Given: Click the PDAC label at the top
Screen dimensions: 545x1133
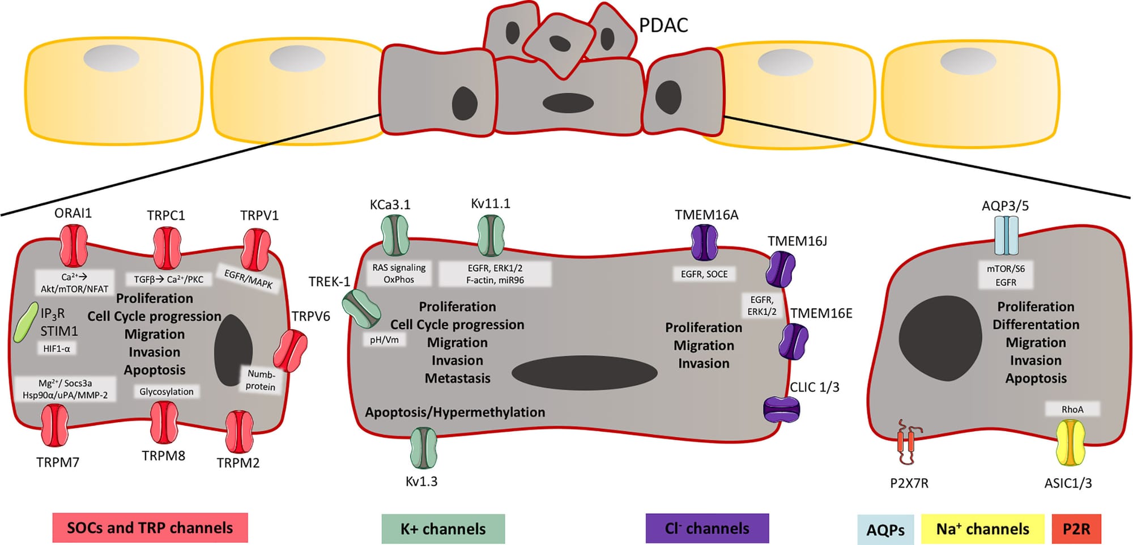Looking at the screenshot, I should (x=663, y=25).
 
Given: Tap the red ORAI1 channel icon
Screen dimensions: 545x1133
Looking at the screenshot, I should (x=74, y=245).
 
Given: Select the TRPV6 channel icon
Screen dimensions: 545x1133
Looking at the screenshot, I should (x=291, y=351).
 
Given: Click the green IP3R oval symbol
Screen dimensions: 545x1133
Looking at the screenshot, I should (x=25, y=322).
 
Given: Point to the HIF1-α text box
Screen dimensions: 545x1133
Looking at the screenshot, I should (x=57, y=348).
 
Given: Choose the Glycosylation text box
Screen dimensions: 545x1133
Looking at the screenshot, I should (x=167, y=391).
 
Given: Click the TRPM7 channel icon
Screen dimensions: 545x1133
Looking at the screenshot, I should (x=55, y=425).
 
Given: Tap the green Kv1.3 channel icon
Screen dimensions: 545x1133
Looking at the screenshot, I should (x=423, y=448).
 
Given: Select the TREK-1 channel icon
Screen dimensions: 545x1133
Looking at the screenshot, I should (x=361, y=308).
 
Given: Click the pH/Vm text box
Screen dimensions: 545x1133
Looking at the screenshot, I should (x=384, y=340).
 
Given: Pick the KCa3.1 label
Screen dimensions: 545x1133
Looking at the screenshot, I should (x=390, y=205).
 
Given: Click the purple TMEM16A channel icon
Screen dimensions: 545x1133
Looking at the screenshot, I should (x=705, y=242).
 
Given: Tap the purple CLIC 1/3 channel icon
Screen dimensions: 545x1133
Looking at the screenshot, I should (x=782, y=409).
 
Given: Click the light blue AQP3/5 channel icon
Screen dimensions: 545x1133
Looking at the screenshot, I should (x=1006, y=236).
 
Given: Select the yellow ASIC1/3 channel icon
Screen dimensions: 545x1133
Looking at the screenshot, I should (x=1070, y=442).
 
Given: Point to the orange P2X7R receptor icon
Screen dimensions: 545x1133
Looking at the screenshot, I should (x=906, y=442).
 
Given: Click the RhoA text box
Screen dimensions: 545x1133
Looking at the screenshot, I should (x=1072, y=409).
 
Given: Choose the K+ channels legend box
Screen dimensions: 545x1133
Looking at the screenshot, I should (x=443, y=529).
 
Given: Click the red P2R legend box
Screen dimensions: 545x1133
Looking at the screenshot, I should (x=1076, y=529).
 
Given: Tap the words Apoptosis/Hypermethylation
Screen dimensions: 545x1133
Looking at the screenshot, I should (x=455, y=412).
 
